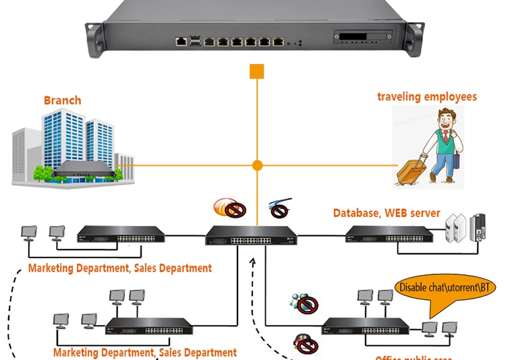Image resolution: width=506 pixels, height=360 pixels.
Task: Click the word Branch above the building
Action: (62, 100)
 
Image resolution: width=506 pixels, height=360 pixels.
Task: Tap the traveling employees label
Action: (426, 96)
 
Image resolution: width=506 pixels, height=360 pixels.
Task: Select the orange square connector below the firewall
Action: (256, 71)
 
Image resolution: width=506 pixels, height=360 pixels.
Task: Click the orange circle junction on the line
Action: (257, 164)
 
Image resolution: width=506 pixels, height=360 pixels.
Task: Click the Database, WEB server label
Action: (387, 213)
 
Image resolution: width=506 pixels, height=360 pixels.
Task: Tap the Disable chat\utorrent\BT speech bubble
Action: (447, 288)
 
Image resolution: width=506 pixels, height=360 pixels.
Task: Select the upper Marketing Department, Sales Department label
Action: (120, 268)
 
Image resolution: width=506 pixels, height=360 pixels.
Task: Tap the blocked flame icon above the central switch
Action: (231, 208)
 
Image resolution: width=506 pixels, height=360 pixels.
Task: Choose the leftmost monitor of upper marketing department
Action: (28, 233)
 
